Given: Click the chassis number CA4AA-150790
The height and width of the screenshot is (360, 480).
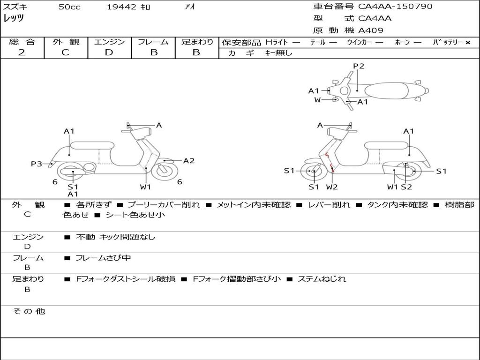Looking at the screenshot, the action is pyautogui.click(x=395, y=7).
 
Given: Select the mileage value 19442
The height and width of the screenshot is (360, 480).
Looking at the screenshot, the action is pyautogui.click(x=122, y=7).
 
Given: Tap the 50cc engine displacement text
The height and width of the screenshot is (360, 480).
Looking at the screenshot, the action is pyautogui.click(x=69, y=7).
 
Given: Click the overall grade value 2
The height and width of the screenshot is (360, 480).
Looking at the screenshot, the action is pyautogui.click(x=22, y=52).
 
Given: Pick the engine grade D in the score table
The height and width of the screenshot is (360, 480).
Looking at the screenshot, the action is pyautogui.click(x=109, y=52).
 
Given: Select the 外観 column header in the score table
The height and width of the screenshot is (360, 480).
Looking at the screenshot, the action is pyautogui.click(x=66, y=42).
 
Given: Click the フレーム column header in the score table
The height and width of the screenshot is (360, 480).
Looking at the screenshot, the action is pyautogui.click(x=153, y=42).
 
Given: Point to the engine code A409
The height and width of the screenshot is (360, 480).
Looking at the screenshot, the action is pyautogui.click(x=371, y=30).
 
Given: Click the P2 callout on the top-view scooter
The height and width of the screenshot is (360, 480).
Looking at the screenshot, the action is pyautogui.click(x=359, y=66).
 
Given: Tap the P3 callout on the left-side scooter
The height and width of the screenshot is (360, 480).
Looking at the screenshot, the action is pyautogui.click(x=37, y=164).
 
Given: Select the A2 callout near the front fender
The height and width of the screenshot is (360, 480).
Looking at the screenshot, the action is pyautogui.click(x=188, y=161).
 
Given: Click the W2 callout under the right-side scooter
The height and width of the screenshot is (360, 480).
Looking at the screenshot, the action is pyautogui.click(x=332, y=187).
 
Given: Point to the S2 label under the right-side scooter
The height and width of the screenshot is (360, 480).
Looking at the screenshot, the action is pyautogui.click(x=406, y=187).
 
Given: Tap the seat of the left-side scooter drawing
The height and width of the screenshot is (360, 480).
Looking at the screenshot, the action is pyautogui.click(x=92, y=145).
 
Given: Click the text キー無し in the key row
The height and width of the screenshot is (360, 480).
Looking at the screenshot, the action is pyautogui.click(x=278, y=53).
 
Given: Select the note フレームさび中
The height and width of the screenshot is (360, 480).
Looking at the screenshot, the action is pyautogui.click(x=103, y=258).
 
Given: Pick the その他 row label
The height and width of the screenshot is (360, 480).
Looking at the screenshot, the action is pyautogui.click(x=29, y=311).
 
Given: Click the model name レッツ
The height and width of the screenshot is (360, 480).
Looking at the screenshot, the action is pyautogui.click(x=14, y=18).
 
